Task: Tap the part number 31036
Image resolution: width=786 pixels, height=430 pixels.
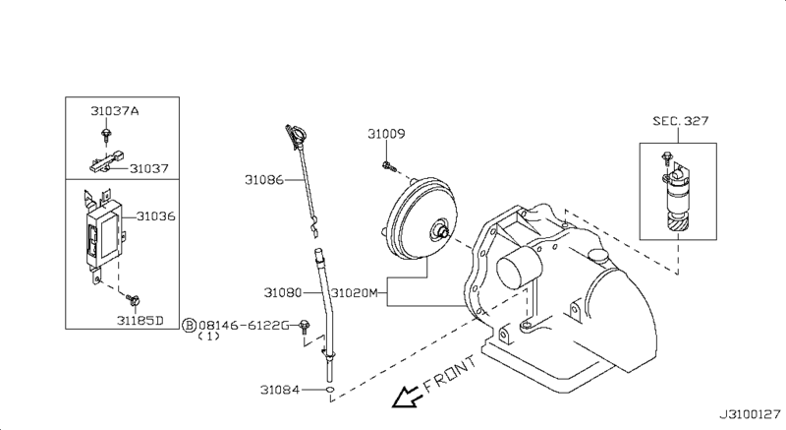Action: pos(155,215)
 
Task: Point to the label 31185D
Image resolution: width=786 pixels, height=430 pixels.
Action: pos(140,321)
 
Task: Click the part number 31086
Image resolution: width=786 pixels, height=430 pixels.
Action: pos(264,179)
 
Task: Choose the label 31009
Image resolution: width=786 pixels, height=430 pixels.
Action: pos(387,133)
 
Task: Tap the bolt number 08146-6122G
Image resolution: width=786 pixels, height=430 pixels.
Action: pos(243,324)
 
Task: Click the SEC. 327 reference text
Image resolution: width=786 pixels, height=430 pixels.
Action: pos(680,121)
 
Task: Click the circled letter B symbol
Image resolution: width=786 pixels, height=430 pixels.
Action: pos(189,324)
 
